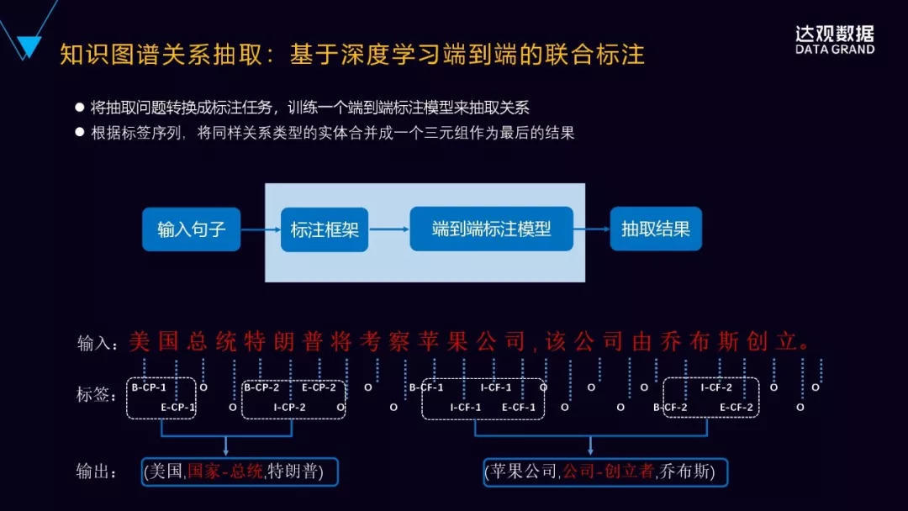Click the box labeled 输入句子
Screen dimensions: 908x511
click(191, 229)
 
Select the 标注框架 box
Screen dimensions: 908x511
click(325, 229)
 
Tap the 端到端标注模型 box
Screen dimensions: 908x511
click(491, 229)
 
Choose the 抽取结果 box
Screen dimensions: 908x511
click(656, 229)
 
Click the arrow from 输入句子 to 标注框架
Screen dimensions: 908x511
click(261, 229)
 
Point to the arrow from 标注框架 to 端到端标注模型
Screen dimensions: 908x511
click(389, 229)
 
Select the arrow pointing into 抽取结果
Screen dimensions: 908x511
click(592, 229)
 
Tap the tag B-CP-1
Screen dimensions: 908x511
click(149, 387)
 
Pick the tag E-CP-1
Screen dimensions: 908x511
click(177, 408)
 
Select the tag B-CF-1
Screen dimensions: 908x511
click(426, 387)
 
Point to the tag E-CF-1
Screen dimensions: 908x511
click(518, 408)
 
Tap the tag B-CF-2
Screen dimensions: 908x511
click(670, 408)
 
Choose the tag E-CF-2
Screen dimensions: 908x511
click(736, 408)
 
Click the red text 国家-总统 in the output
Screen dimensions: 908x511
click(225, 471)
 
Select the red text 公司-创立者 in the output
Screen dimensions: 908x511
click(608, 471)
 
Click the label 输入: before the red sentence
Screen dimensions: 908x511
click(95, 343)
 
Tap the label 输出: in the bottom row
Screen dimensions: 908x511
click(97, 471)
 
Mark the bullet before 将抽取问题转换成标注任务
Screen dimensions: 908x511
click(80, 108)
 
